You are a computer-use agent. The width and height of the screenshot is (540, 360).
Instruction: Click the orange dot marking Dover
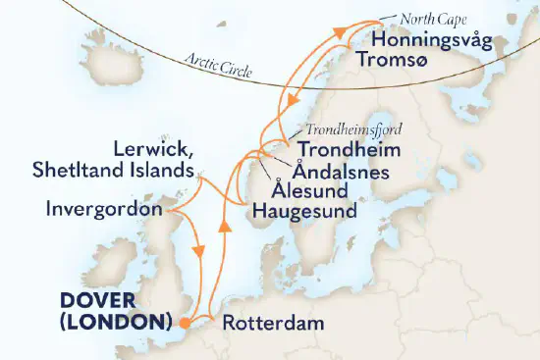click(x=185, y=320)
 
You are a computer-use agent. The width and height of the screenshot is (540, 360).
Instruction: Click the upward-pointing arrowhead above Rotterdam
click(x=225, y=229)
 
